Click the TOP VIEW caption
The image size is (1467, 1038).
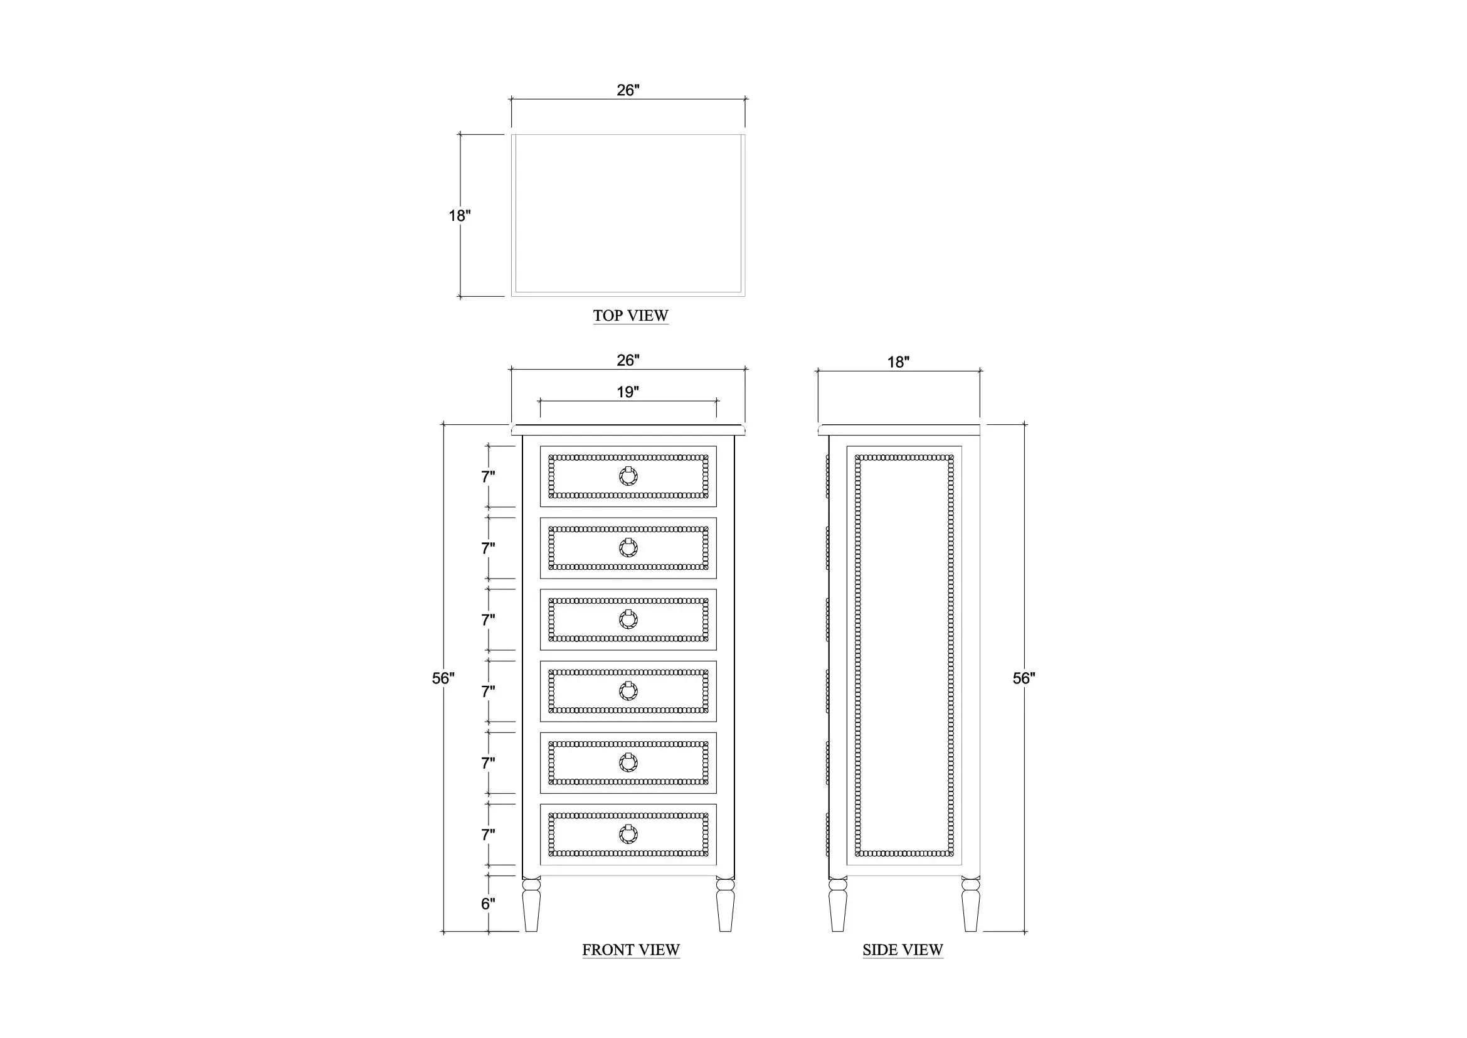coord(630,316)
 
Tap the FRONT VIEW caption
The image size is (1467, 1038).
coord(630,950)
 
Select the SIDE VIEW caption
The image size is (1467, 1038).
coord(903,950)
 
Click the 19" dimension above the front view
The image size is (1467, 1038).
coord(628,392)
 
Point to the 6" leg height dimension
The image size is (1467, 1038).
coord(488,904)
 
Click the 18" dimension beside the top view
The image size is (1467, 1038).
coord(459,216)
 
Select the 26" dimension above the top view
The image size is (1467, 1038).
coord(628,90)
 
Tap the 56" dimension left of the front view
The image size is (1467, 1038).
coord(443,678)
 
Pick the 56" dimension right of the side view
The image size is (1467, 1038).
coord(1024,678)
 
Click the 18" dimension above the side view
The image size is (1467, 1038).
coord(898,362)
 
